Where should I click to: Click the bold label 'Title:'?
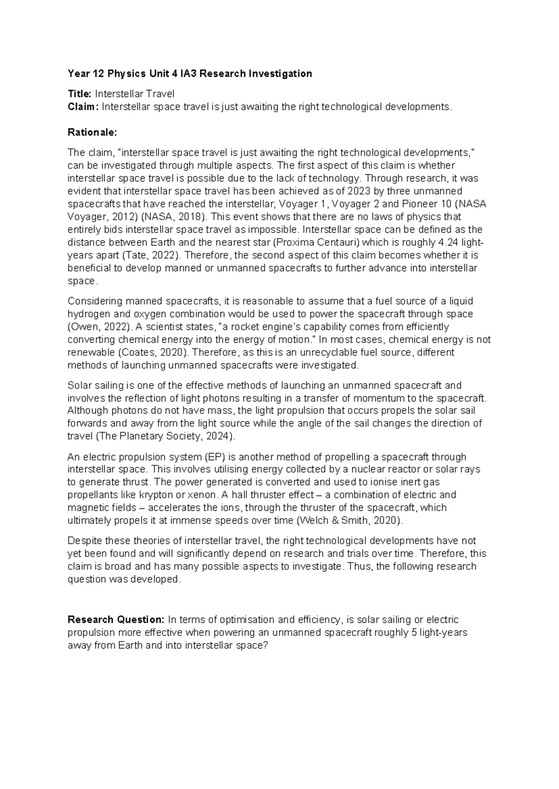pyautogui.click(x=80, y=94)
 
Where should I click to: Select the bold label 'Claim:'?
pyautogui.click(x=83, y=107)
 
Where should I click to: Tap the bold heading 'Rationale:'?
pyautogui.click(x=91, y=132)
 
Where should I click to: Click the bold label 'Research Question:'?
pyautogui.click(x=116, y=620)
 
